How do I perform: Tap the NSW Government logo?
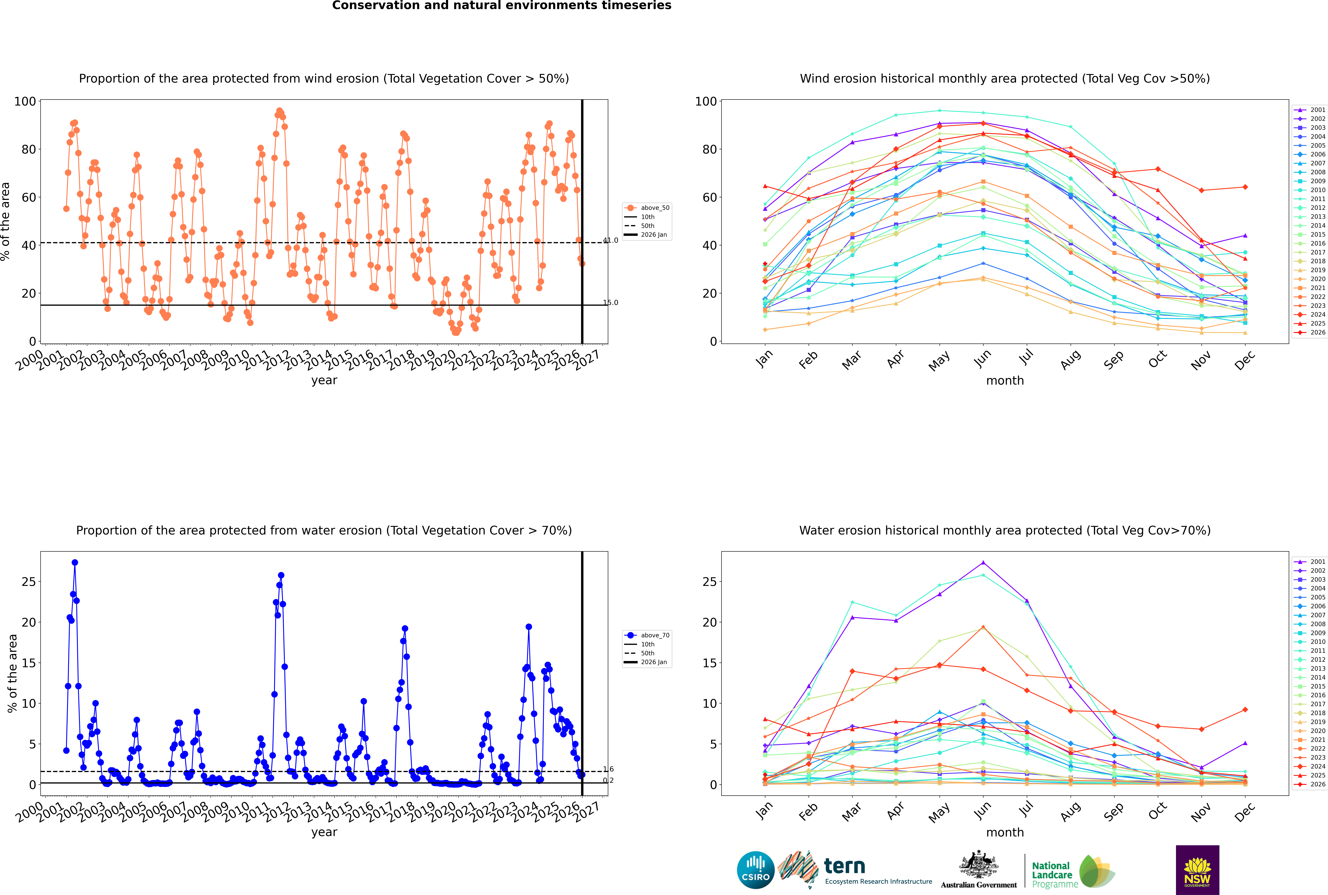[1197, 870]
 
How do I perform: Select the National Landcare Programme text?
[1055, 874]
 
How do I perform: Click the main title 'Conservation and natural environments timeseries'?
[501, 6]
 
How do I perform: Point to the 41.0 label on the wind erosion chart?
[610, 240]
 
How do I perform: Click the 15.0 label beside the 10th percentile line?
[610, 303]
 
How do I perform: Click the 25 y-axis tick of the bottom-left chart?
[28, 582]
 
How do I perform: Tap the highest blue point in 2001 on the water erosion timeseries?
[75, 563]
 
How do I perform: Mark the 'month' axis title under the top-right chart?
[1005, 381]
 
